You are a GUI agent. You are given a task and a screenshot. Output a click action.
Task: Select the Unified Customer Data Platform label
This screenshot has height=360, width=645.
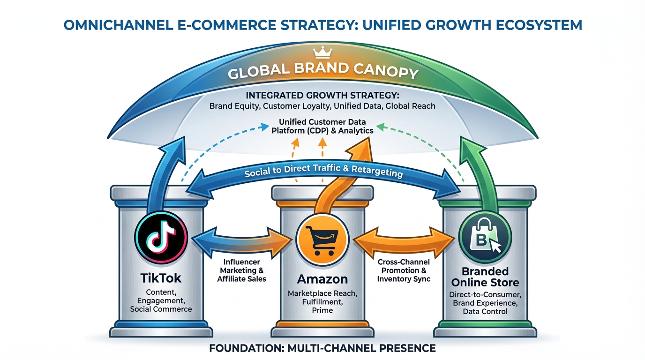[322, 127]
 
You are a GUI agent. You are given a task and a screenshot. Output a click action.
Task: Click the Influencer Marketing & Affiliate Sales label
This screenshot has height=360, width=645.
[241, 270]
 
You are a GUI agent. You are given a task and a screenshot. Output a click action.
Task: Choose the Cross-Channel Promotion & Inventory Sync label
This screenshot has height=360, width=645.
[403, 270]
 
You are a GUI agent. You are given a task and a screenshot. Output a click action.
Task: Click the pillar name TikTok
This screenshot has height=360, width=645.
[161, 278]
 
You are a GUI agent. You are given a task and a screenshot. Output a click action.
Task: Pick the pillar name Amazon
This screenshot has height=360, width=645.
[322, 279]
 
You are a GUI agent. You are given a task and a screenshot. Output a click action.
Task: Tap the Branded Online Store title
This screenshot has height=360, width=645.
[485, 277]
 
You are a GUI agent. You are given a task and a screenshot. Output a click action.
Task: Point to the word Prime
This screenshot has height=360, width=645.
[322, 310]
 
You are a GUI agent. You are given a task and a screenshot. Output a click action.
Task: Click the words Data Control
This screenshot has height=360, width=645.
[485, 311]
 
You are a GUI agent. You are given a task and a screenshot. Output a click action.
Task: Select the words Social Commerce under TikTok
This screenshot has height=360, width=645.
[161, 309]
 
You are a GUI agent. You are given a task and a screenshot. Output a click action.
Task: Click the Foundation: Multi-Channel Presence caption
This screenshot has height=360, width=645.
[322, 348]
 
